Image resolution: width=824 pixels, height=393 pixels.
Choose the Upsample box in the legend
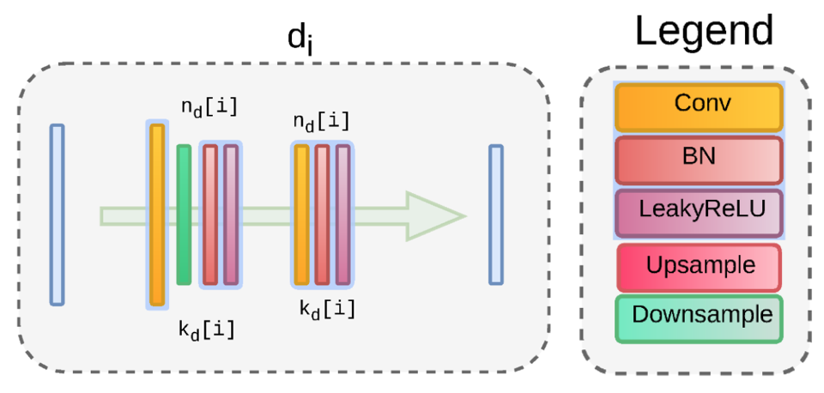coord(698,267)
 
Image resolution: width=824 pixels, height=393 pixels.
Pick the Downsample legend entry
coord(698,317)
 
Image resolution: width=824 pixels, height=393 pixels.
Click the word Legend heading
coord(704,33)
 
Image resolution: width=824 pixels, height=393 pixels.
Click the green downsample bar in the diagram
coord(184,215)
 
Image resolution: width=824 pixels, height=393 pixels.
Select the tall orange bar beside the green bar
coord(157,215)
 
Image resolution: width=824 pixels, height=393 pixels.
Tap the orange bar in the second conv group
coord(301,215)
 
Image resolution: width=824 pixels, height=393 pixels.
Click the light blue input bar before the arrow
coord(57,215)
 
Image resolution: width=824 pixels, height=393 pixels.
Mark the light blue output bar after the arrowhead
coord(495,215)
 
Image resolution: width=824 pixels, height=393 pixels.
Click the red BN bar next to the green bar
coord(210,215)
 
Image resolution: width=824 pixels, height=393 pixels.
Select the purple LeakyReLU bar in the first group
coord(231,215)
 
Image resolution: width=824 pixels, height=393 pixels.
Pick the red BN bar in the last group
coord(322,215)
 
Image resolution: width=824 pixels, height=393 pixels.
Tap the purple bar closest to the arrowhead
coord(342,215)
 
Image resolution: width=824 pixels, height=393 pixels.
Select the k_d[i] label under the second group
coord(327,307)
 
